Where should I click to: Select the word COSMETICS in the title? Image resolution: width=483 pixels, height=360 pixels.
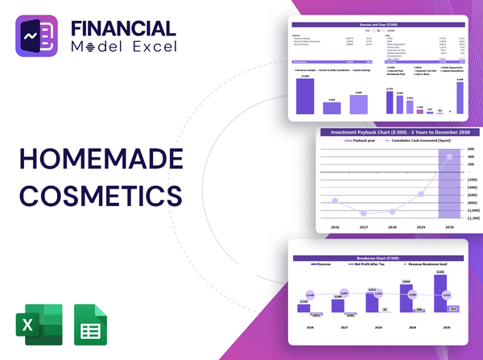[x=100, y=195]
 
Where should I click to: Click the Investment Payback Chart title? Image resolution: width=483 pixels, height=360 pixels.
[x=399, y=132]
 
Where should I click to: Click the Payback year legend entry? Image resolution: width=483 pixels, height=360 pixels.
[x=361, y=140]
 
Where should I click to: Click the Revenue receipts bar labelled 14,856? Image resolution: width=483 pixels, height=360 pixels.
[x=306, y=95]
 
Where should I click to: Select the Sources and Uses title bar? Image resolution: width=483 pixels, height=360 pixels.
[x=378, y=27]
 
